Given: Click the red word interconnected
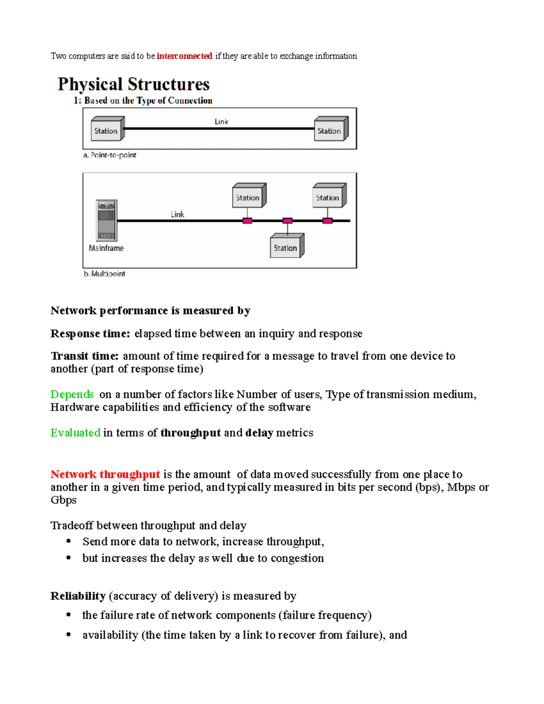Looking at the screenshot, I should point(184,56).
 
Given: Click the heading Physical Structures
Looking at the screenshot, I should point(133,84).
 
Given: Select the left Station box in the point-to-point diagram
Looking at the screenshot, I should point(107,130).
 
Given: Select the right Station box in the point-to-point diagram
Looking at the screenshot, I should point(330,130).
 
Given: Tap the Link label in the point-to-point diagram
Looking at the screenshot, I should point(221,121).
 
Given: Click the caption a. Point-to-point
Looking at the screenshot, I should point(110,155).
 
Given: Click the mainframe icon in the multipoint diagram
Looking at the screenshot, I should point(107,220).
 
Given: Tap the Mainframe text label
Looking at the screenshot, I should point(106,248).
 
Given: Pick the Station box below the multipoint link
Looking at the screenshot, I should point(286,247).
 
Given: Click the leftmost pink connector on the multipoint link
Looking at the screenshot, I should point(247,221).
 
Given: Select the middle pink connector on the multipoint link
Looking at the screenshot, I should point(287,221).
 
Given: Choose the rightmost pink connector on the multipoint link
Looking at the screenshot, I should point(327,221).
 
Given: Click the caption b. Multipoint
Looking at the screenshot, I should point(105,274).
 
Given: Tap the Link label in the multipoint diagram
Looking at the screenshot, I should point(177,214).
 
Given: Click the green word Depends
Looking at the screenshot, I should point(72,394).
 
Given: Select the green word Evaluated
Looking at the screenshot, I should point(75,433).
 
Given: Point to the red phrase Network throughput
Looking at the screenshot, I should point(105,474).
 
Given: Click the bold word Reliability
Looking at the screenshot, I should point(78,596).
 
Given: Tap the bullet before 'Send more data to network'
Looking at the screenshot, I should point(68,541).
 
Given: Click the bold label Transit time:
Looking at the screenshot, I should point(84,356).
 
